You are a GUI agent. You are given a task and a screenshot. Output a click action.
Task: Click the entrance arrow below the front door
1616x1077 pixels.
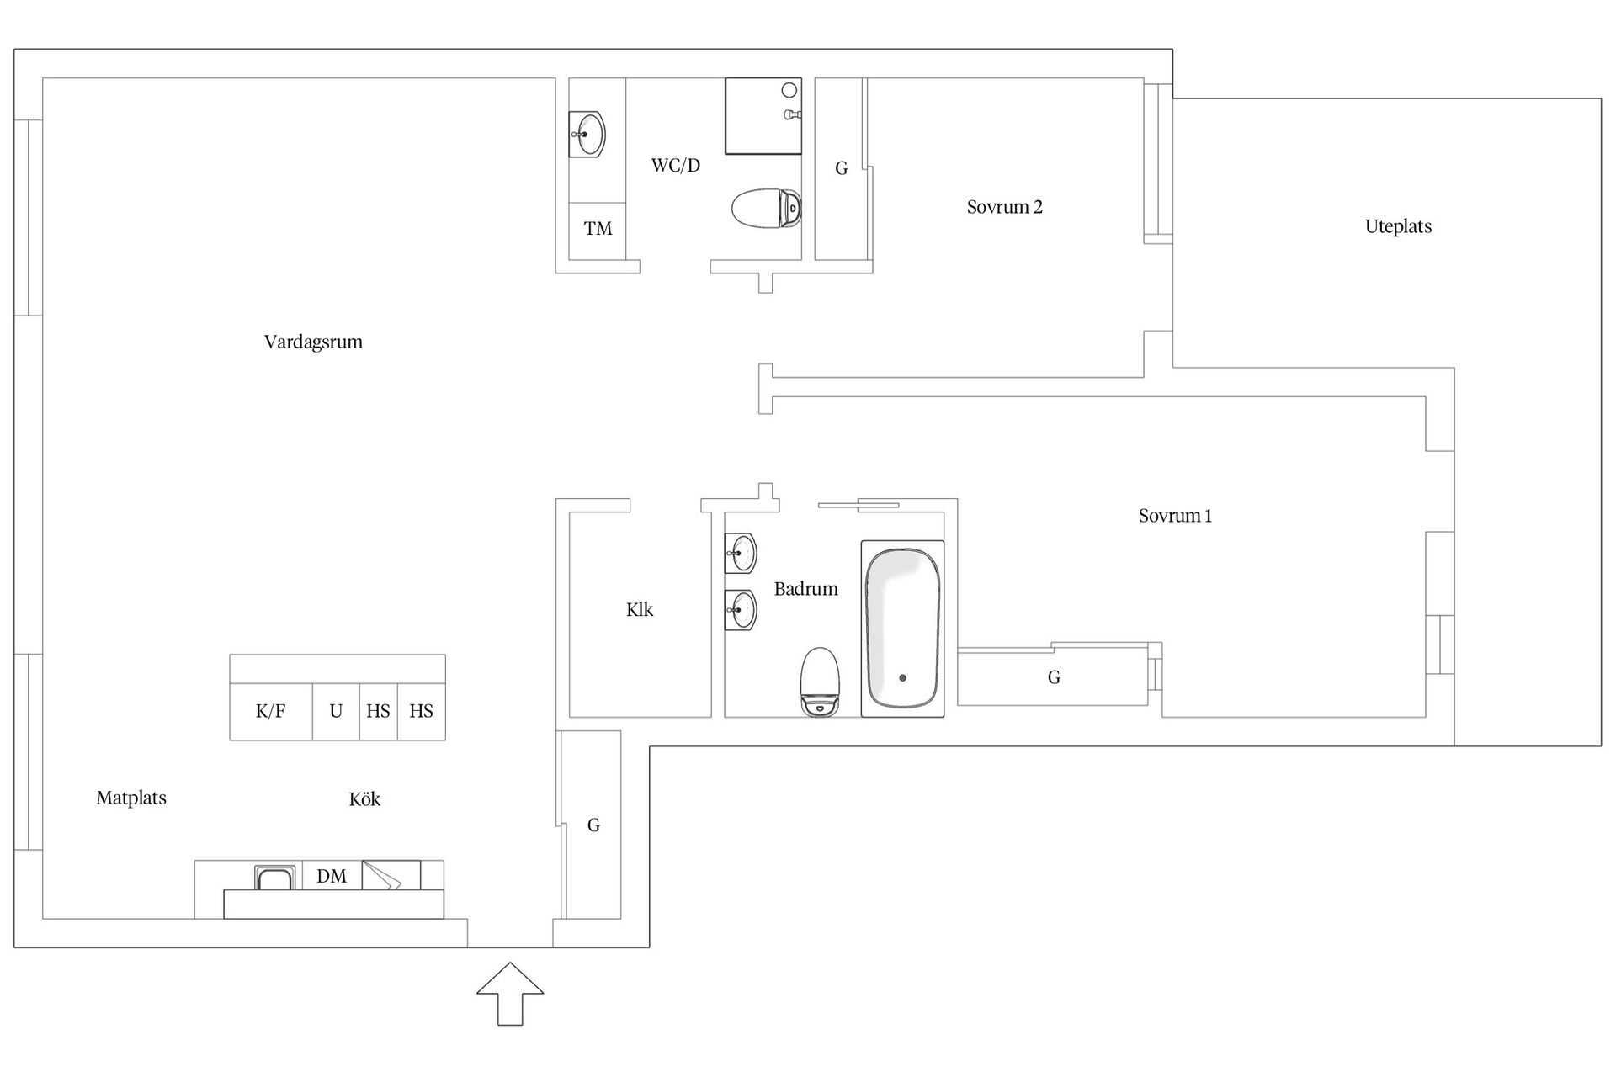(510, 994)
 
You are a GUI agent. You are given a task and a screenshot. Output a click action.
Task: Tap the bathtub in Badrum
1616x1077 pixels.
(902, 629)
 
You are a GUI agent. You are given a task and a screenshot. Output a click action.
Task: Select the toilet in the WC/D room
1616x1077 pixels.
(766, 208)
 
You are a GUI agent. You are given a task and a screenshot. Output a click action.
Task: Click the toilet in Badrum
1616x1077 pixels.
(821, 682)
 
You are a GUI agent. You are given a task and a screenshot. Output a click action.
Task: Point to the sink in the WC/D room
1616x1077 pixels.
(587, 134)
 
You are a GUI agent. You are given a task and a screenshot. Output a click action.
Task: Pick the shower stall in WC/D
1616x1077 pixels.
(763, 116)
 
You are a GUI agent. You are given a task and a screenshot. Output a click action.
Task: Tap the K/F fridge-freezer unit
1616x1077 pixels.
(271, 712)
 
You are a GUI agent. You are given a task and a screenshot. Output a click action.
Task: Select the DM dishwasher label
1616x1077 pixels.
(332, 877)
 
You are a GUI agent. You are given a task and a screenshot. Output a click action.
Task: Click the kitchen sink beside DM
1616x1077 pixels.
(275, 878)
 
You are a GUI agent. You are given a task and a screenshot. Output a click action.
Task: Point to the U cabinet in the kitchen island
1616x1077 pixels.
(336, 712)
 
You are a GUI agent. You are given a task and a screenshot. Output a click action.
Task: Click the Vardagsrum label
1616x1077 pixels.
(313, 342)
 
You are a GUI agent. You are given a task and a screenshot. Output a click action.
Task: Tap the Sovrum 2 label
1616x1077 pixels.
(1005, 207)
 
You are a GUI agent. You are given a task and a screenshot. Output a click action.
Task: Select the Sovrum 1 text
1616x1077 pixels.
(1176, 516)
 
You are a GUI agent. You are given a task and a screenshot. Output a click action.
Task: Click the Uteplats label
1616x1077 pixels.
(1398, 226)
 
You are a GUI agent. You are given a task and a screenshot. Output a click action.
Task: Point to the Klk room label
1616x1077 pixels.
(640, 610)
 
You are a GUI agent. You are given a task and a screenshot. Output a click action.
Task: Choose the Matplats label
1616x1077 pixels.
(131, 798)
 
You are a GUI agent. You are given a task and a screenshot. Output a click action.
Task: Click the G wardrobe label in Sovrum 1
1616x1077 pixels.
(1054, 677)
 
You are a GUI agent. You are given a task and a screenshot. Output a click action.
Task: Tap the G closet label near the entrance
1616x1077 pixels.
(593, 825)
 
